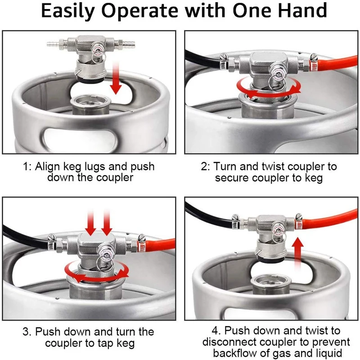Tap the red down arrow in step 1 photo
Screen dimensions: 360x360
tap(116, 79)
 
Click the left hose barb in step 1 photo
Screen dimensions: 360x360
tap(53, 43)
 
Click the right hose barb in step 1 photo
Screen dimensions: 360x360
tap(129, 43)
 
